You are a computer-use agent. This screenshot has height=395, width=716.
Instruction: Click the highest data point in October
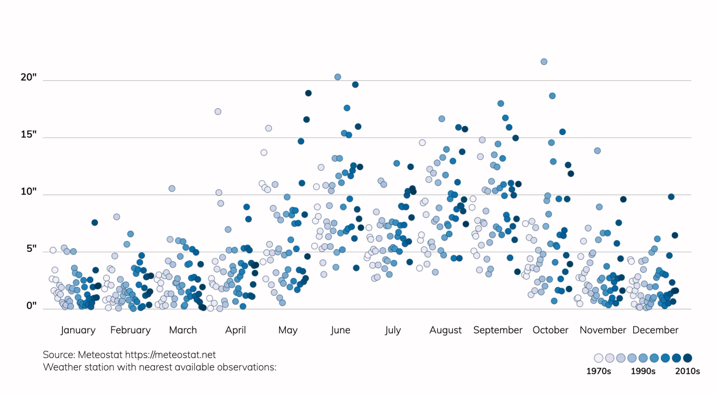click(544, 62)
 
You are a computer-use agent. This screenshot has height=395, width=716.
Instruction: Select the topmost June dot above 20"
click(338, 77)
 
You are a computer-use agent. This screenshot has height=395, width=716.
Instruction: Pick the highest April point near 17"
click(218, 112)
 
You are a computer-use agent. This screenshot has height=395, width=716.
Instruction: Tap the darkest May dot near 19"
click(308, 93)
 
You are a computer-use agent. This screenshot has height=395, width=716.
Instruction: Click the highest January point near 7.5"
click(94, 222)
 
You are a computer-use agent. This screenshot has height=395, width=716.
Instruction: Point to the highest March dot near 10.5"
click(172, 188)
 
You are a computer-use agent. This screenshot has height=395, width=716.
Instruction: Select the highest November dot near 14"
click(597, 151)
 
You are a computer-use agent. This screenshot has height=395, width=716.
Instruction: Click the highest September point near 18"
click(501, 103)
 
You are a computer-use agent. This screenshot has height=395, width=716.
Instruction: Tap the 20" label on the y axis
click(29, 77)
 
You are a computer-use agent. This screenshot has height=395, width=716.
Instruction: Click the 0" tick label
click(31, 306)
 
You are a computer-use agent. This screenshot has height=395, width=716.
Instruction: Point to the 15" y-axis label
click(29, 134)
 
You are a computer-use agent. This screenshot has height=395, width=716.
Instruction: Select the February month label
click(130, 330)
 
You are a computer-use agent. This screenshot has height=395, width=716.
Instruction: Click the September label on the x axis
click(498, 330)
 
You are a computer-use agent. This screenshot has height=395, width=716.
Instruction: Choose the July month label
click(393, 330)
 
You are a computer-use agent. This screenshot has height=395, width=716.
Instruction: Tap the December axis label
click(655, 330)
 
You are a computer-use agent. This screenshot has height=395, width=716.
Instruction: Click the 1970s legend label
click(598, 371)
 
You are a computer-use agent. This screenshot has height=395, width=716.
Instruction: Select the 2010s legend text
click(687, 371)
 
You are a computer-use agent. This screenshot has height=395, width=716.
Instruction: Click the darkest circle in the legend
click(688, 358)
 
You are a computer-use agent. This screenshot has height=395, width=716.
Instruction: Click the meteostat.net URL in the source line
click(170, 355)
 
